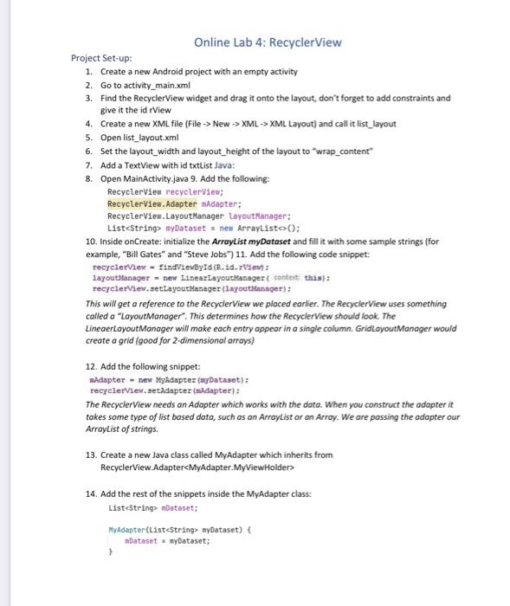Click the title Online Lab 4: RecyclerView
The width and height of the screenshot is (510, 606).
coord(268,42)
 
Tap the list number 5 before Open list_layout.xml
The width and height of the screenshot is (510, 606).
coord(88,138)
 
